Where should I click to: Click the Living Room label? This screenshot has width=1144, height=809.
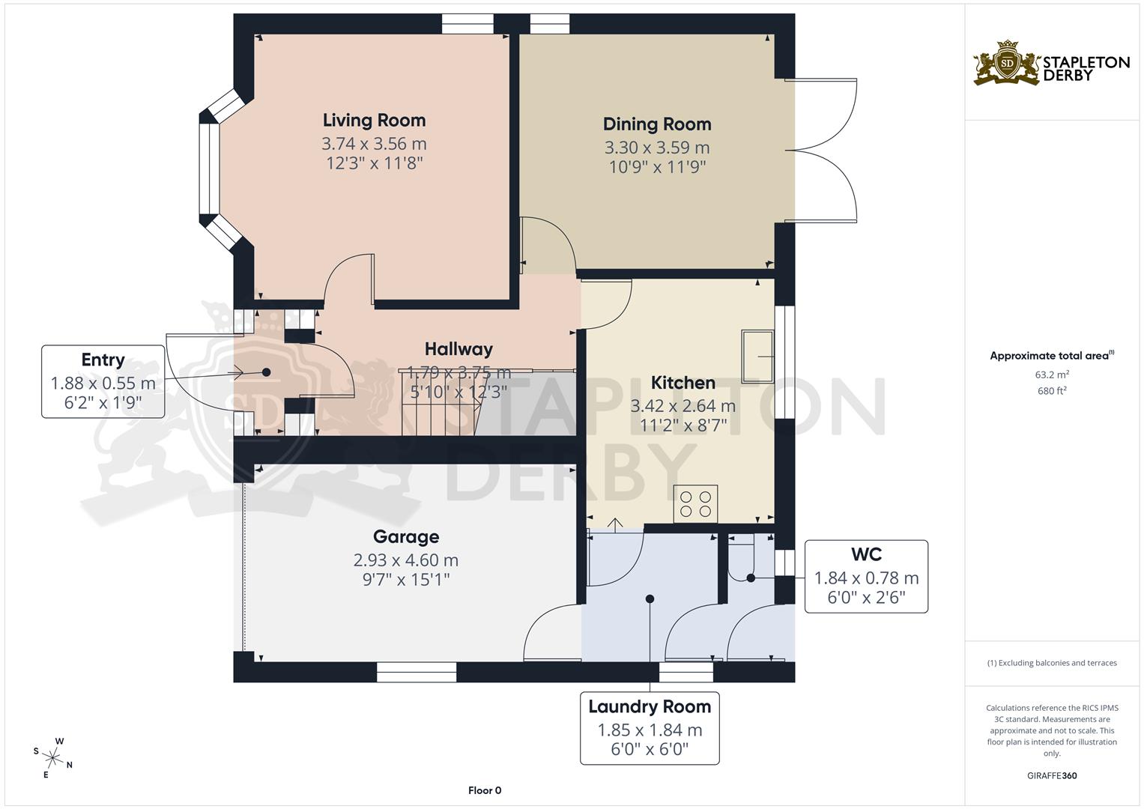click(x=374, y=120)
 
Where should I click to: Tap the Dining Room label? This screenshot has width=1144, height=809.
click(x=656, y=124)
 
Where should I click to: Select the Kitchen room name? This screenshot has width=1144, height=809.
click(x=683, y=383)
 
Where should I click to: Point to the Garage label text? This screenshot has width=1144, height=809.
click(x=406, y=537)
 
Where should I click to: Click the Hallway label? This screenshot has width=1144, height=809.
click(x=458, y=349)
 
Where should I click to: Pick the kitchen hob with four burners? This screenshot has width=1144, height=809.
click(x=696, y=504)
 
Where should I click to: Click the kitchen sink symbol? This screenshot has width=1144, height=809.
click(x=757, y=356)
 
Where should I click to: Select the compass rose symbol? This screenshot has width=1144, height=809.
click(x=52, y=757)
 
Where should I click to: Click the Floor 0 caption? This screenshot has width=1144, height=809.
click(x=485, y=790)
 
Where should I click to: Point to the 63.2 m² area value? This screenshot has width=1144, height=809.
click(x=1052, y=375)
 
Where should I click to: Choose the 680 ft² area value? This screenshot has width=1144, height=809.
click(x=1052, y=390)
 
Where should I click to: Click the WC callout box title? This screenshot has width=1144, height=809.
click(x=866, y=555)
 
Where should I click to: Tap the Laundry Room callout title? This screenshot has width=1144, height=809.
click(x=650, y=706)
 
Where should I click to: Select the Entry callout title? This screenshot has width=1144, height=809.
click(x=103, y=360)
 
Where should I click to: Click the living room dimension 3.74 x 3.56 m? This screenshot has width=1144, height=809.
click(x=374, y=143)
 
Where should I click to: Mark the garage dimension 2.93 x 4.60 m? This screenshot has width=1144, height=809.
click(x=406, y=560)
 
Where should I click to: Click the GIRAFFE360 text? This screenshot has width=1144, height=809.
click(x=1052, y=776)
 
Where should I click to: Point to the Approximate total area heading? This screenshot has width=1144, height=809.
click(x=1051, y=356)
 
